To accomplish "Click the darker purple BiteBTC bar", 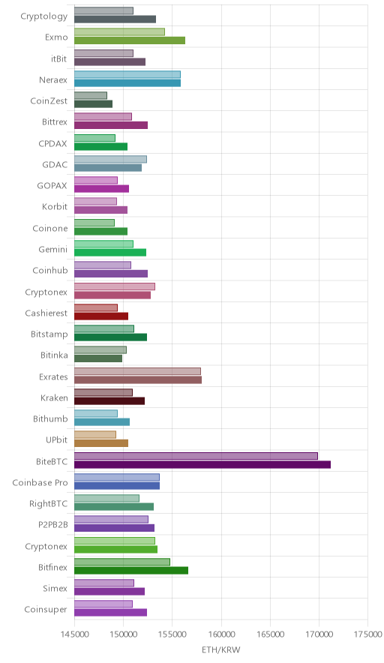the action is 202,464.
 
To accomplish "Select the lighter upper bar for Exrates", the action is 137,371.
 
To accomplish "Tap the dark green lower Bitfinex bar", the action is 131,571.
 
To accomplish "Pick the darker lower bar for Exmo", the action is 130,40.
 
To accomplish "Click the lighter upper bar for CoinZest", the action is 91,95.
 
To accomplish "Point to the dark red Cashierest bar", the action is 101,316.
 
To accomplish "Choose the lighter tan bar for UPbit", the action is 95,435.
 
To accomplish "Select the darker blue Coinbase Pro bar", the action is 117,485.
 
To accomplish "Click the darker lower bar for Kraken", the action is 109,400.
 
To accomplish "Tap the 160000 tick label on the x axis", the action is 221,634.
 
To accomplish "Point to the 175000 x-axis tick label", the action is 368,634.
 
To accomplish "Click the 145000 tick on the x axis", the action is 74,634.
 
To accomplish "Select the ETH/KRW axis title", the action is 220,650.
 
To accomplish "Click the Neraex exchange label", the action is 52,79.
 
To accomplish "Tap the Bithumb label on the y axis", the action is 50,418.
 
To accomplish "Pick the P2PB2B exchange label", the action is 52,525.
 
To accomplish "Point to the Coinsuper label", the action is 46,609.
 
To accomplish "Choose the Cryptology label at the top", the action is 44,16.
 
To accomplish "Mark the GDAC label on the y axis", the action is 55,164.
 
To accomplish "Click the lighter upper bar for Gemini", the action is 103,244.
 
